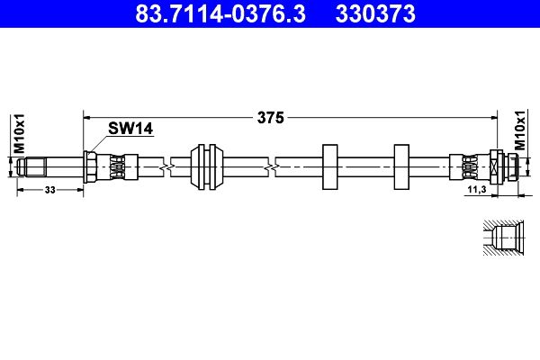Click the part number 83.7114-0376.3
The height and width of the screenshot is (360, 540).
[220, 13]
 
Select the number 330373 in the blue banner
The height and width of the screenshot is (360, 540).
[375, 13]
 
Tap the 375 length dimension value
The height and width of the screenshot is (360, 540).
[271, 118]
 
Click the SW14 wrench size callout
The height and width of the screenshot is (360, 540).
[130, 129]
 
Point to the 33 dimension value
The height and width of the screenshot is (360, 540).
[49, 190]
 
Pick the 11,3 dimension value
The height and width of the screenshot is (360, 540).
[477, 189]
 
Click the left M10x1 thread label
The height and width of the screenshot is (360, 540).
[19, 133]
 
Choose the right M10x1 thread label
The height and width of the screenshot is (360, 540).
[520, 130]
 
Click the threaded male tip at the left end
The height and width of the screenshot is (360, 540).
[31, 167]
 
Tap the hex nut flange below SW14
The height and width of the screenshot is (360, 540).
[90, 167]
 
